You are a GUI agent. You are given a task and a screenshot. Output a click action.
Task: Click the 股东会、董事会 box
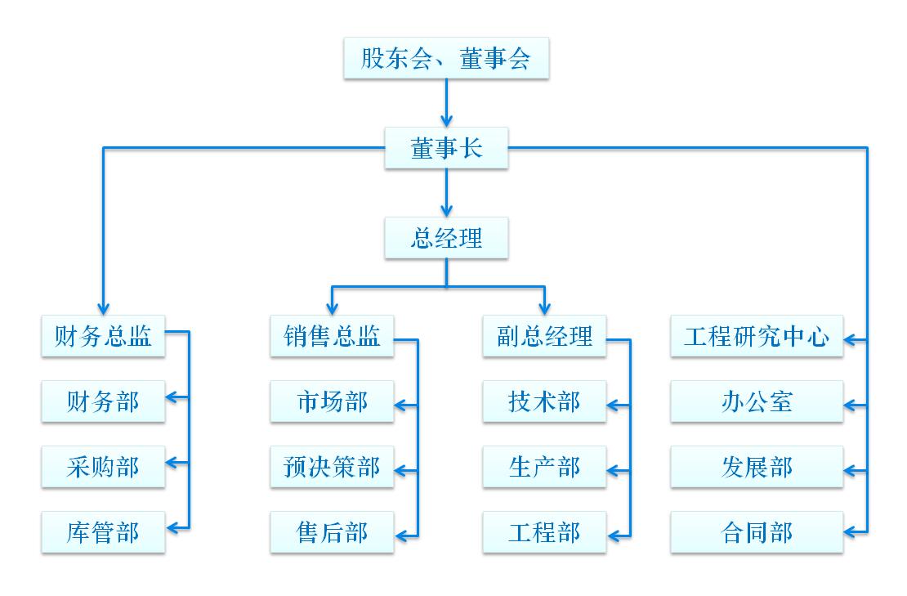[446, 59]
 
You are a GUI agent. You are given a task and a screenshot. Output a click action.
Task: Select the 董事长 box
[446, 148]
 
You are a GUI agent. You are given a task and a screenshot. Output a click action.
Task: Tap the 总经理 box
[446, 238]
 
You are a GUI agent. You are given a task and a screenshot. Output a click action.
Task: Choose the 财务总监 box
[103, 336]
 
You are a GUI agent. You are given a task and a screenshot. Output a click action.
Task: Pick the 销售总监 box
[332, 336]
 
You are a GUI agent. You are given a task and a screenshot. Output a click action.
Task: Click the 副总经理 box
[544, 336]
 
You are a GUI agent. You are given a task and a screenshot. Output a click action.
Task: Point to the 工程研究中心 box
[757, 336]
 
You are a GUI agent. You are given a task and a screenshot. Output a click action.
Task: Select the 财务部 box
[103, 401]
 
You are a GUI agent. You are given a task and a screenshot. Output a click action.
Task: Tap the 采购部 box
[103, 467]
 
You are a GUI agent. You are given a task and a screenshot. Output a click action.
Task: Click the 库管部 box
[103, 532]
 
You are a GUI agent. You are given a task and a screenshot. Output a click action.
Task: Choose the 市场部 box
[332, 401]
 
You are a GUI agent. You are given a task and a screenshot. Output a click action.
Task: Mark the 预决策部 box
[332, 467]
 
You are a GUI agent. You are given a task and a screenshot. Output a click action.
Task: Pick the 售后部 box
[332, 532]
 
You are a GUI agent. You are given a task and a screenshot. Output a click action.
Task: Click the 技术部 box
[544, 401]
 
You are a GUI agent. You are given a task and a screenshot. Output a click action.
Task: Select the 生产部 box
[544, 467]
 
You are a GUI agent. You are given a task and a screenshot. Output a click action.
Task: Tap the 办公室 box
[757, 401]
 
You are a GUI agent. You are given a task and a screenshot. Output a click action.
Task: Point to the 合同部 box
[757, 532]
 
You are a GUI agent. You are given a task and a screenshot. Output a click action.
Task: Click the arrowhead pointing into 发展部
[851, 470]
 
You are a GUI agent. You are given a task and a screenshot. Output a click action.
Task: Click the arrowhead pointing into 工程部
[614, 536]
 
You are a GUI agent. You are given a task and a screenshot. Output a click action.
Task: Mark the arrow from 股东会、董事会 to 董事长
[446, 102]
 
